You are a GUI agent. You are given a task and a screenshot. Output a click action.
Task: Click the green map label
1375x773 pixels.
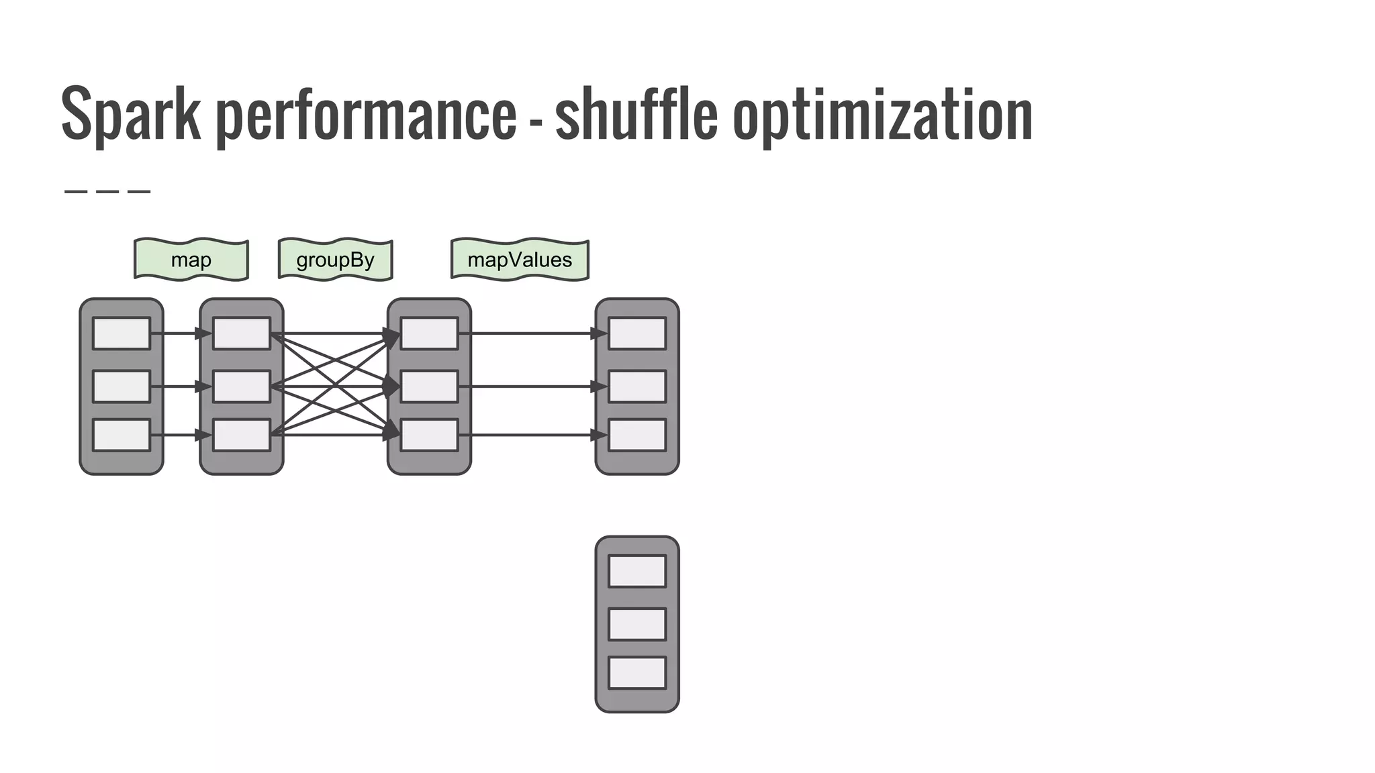191,260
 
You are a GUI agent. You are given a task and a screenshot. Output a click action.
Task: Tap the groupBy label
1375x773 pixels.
335,260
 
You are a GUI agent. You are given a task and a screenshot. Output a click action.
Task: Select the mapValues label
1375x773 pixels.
520,260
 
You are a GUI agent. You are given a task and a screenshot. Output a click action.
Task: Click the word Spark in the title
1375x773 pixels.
131,114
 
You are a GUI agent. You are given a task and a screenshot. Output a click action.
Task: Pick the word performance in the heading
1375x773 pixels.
366,114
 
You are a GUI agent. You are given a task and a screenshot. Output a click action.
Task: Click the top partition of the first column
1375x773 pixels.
122,333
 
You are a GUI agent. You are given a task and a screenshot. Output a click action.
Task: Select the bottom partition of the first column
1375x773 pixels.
122,435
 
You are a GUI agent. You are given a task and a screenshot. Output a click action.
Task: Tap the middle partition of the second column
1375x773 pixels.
242,386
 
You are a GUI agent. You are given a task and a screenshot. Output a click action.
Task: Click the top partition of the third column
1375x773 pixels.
429,333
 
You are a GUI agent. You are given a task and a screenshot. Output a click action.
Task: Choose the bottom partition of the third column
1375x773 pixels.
429,435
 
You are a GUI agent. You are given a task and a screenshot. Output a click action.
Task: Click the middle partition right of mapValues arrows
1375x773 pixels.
637,386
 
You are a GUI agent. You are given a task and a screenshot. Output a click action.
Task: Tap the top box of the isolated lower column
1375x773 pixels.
637,571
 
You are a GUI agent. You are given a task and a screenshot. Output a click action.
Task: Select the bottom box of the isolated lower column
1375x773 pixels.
637,673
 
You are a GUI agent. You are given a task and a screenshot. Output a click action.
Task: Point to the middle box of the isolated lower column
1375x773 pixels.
637,624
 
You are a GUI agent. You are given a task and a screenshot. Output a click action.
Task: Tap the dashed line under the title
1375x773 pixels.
107,192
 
